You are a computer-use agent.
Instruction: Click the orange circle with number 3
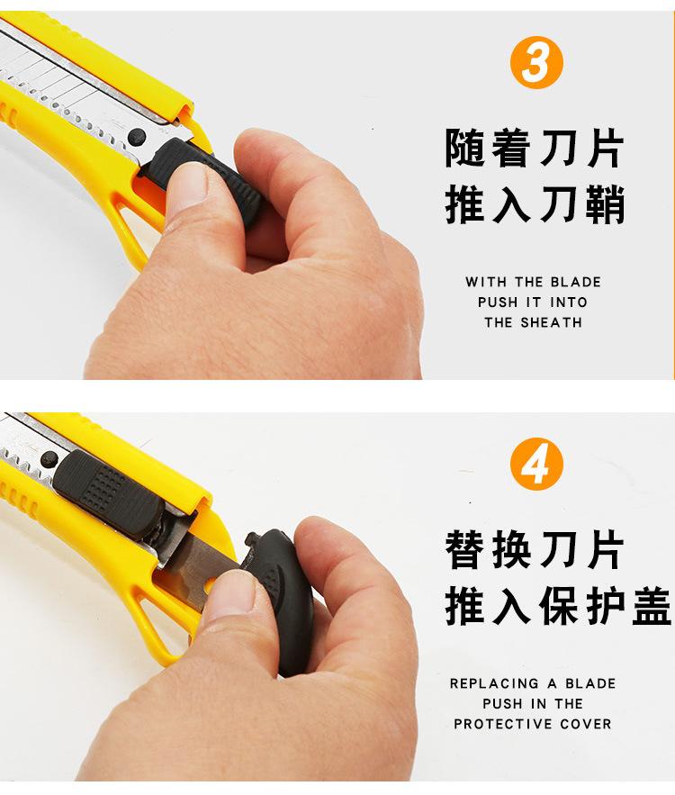536,63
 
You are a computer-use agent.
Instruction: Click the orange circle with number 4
536,465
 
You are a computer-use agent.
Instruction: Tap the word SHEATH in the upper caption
549,322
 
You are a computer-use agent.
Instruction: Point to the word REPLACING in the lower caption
493,683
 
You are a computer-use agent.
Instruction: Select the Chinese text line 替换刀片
535,550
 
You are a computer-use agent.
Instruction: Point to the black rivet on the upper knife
137,137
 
